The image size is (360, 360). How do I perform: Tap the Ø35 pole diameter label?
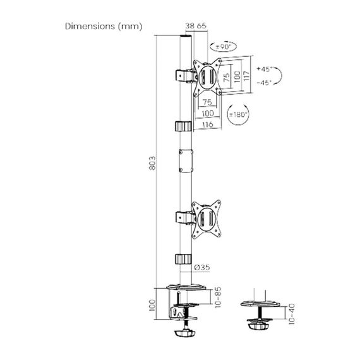point(202,267)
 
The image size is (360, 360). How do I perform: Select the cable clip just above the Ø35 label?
point(182,259)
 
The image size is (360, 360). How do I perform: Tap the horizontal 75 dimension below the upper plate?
point(206,101)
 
